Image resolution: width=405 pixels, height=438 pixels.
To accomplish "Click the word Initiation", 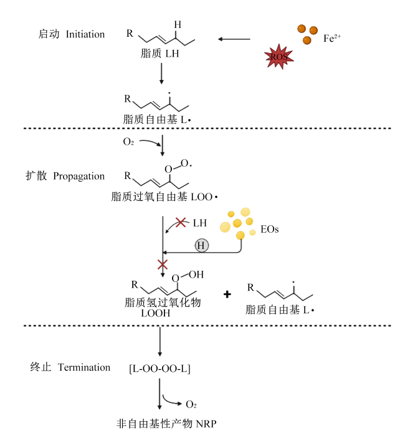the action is [85, 34].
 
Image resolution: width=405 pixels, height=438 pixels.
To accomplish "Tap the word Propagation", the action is [79, 177].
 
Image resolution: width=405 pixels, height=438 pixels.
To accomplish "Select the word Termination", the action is [84, 367].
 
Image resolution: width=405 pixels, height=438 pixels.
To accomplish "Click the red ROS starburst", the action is [279, 56].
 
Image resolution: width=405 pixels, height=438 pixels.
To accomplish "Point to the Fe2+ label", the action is [332, 38].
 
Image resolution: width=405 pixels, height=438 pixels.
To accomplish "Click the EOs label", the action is [269, 229].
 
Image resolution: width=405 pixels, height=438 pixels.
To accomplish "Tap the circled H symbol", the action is [201, 246].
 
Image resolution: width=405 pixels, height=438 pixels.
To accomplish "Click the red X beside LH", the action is [181, 222].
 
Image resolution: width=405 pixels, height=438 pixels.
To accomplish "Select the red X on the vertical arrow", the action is [163, 265].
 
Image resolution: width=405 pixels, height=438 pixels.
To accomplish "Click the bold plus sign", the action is [227, 294].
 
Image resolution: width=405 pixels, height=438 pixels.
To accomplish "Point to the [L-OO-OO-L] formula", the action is [160, 369].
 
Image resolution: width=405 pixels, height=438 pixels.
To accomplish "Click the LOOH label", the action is [155, 313].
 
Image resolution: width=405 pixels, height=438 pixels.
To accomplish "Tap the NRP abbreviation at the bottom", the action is [206, 424].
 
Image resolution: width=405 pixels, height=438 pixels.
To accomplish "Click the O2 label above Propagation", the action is [128, 142].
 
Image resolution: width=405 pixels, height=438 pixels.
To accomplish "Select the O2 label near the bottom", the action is [191, 404].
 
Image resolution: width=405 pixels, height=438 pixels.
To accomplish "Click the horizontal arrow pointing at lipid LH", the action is [234, 39].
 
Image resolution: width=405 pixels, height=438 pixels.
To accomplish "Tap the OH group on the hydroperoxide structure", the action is [196, 275].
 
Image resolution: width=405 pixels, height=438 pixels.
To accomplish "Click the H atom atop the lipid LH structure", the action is [178, 25].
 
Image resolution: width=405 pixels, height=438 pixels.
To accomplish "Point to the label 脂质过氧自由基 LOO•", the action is [164, 197].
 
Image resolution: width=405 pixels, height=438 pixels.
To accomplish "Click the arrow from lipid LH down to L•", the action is [161, 74].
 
